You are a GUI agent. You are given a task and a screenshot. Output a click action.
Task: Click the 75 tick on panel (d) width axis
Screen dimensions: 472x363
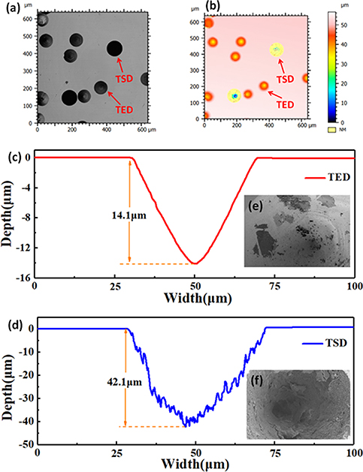(x=274, y=455)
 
